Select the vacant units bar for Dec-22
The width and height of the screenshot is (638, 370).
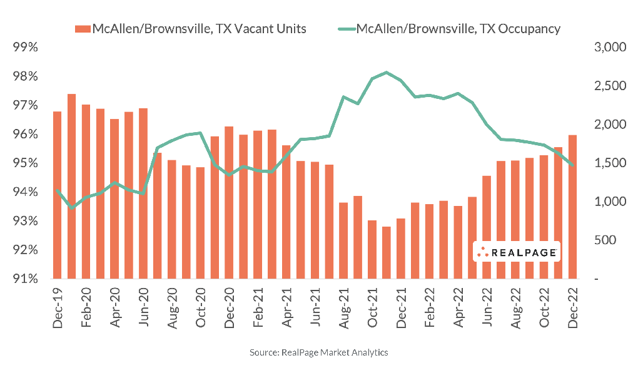point(572,207)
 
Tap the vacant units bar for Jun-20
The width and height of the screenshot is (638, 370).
point(143,193)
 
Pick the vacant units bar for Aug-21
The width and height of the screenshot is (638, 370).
point(343,241)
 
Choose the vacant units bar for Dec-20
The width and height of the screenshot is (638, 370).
point(229,203)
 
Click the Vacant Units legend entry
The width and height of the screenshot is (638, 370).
point(191,28)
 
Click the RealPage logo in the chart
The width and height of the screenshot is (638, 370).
point(516,252)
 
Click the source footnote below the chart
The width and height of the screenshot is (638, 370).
point(319,352)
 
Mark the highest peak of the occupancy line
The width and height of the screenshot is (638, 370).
point(387,73)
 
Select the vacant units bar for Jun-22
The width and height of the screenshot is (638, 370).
point(487,227)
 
